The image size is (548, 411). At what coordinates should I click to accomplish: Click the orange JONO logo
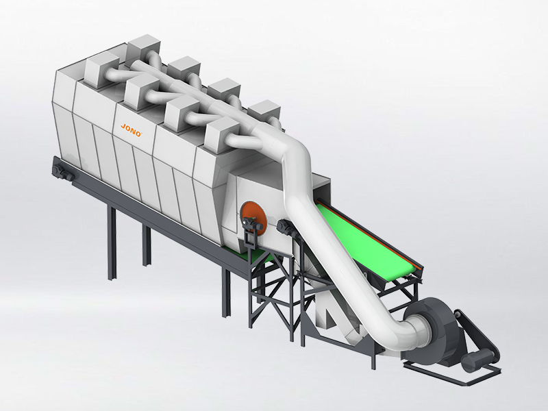pyautogui.click(x=131, y=130)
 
